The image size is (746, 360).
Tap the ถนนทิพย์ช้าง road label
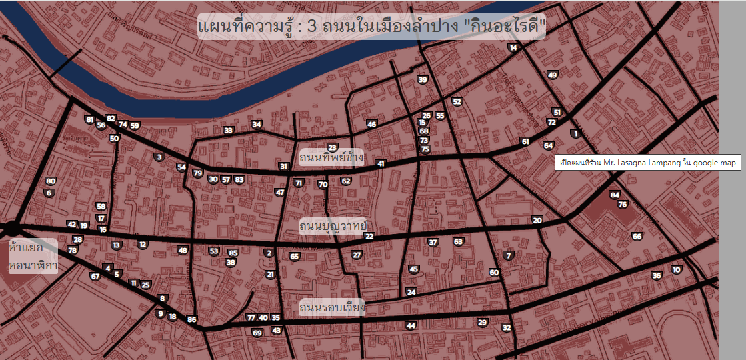tap(331, 158)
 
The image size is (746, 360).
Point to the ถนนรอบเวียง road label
tap(332, 308)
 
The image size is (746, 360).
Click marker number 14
tap(513, 47)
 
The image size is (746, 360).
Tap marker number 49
tap(552, 75)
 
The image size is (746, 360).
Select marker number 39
tap(422, 80)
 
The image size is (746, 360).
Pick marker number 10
tap(677, 269)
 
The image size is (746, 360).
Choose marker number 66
tap(637, 236)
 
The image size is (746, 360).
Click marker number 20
tap(537, 220)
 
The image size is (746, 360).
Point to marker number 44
tap(411, 325)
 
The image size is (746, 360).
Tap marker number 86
tap(192, 320)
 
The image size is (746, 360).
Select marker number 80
tap(51, 181)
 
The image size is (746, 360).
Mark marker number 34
tap(257, 124)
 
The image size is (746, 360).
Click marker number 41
tap(381, 163)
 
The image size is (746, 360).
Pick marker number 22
tap(369, 236)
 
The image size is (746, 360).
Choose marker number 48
tap(183, 250)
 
